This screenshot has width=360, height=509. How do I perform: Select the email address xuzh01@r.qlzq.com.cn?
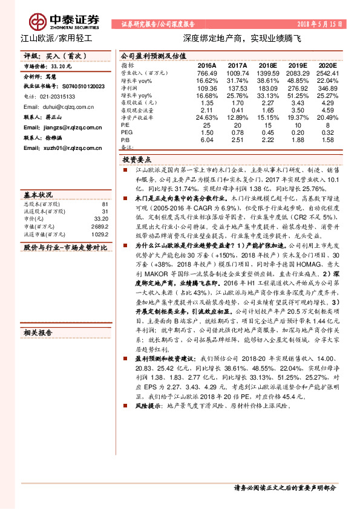tap(62, 148)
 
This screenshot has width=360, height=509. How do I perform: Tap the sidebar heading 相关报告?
tap(38, 332)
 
